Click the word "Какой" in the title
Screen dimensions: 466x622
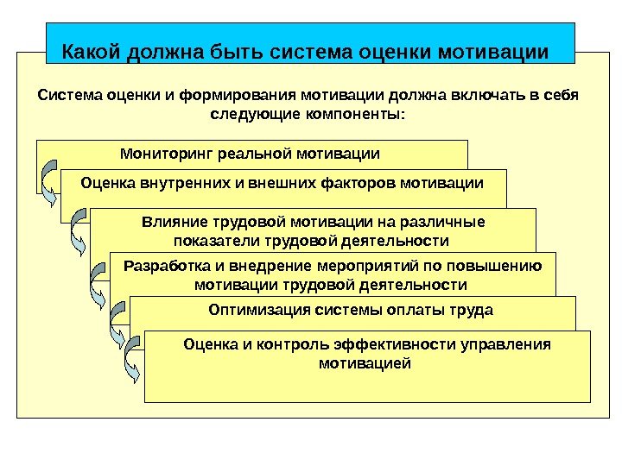[x=92, y=52]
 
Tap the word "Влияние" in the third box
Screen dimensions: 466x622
[x=170, y=222]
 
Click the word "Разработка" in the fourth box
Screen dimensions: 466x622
[x=164, y=266]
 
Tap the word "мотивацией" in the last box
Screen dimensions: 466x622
[x=365, y=363]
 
